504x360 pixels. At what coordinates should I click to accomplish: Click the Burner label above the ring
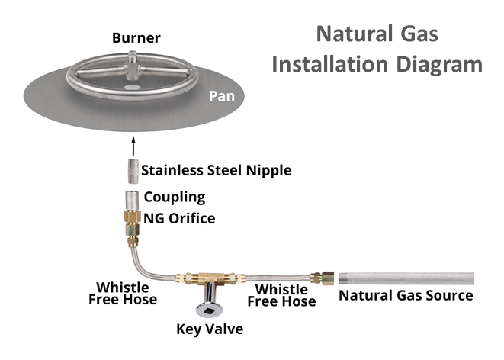(135, 37)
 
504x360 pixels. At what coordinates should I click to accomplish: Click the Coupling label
(175, 197)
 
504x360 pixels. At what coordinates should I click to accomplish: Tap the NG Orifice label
(179, 218)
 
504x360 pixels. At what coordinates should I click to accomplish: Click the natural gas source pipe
(407, 279)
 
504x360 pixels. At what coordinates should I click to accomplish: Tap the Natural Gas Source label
(406, 295)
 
